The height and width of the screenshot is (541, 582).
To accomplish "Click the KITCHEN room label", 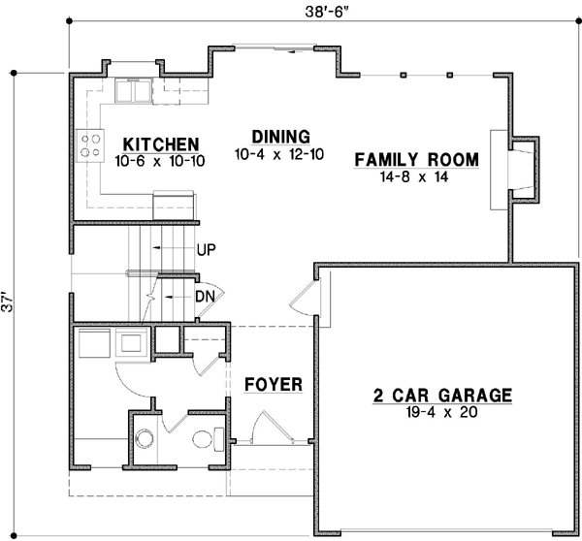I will tap(160, 143).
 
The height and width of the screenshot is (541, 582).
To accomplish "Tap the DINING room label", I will tap(279, 136).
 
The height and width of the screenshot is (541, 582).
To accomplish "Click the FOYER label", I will tap(273, 384).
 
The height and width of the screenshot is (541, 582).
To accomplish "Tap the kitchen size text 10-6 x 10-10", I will tap(159, 160).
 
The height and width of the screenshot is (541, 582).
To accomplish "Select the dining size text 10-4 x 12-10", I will tap(278, 154).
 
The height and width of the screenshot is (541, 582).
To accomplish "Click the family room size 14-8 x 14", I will tap(418, 177).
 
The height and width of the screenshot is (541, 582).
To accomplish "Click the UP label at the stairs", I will tap(206, 249).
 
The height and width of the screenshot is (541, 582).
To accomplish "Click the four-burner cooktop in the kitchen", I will tap(91, 144).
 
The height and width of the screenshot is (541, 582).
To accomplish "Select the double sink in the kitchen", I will tap(133, 91).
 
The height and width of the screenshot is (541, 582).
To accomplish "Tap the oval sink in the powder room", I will tap(207, 439).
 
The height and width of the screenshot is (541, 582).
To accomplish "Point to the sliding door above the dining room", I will tap(276, 46).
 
